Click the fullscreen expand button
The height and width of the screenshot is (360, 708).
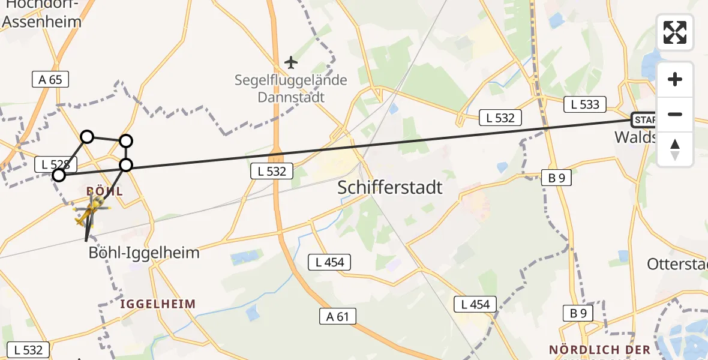(675, 32)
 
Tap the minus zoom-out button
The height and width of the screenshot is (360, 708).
(675, 114)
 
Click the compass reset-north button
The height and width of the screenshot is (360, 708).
(675, 149)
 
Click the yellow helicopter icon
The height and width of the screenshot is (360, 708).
(91, 211)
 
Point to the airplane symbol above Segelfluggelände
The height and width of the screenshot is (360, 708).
(291, 62)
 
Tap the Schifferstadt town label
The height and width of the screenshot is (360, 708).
(390, 187)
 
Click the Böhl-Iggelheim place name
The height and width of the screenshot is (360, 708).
(144, 252)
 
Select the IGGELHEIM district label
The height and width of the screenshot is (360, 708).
(158, 304)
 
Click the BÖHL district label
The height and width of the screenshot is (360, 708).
(105, 191)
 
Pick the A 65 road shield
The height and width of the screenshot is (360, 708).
(50, 79)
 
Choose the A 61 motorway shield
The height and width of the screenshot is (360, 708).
(338, 316)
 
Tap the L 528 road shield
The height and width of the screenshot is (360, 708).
(56, 164)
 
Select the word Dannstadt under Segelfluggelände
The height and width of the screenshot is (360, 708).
(291, 97)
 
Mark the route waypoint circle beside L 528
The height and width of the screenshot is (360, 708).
(59, 175)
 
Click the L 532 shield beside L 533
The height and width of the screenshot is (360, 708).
(500, 118)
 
